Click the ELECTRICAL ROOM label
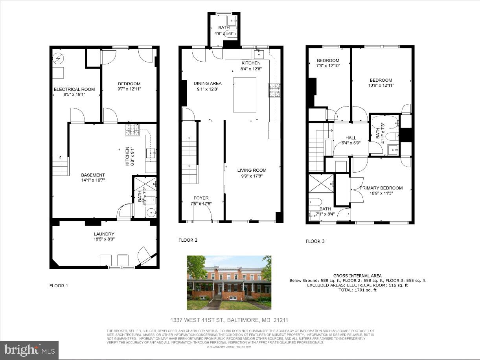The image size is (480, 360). (74, 89)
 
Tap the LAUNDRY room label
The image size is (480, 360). (104, 234)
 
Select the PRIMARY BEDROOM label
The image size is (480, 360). (381, 188)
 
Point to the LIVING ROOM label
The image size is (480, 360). (252, 170)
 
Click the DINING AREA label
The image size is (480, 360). (208, 83)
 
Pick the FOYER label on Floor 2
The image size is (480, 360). (201, 198)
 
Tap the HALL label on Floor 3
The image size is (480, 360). (351, 138)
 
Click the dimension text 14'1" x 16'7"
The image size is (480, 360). (93, 180)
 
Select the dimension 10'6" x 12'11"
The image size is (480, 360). (381, 85)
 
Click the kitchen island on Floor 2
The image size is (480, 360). (245, 95)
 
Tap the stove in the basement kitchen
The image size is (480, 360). (132, 130)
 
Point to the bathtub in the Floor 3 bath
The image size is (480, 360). (384, 123)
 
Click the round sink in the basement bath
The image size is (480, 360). (151, 212)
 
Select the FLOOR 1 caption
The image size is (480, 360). (59, 286)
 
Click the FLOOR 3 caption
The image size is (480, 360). (315, 241)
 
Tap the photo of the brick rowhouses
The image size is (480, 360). (229, 282)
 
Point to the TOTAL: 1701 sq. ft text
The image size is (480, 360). (357, 290)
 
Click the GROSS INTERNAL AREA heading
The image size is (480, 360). (357, 276)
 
